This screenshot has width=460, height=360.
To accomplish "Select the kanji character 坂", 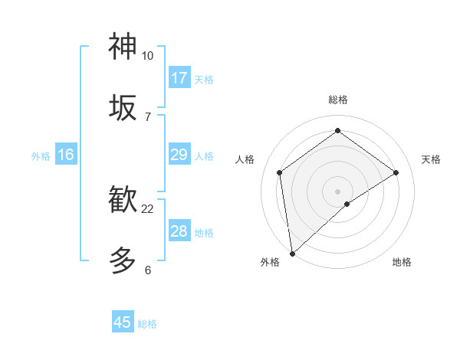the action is click(x=123, y=107).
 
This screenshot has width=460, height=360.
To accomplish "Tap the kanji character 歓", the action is click(x=123, y=199).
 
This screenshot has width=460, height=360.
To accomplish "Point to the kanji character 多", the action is click(x=123, y=260).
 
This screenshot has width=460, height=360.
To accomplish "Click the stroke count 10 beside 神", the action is click(x=147, y=56).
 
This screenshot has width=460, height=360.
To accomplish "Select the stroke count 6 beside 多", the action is click(x=147, y=270).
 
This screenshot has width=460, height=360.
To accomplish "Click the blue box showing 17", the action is click(x=179, y=78).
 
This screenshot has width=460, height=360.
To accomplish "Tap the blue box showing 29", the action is click(x=179, y=155).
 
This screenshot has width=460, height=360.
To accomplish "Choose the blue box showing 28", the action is click(x=179, y=231).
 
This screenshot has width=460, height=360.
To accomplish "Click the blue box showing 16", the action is click(x=66, y=155).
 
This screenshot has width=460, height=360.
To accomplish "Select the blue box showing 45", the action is click(x=123, y=322).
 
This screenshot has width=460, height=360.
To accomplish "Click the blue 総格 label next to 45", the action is click(x=147, y=324).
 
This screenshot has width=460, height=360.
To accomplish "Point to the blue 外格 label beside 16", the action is click(x=41, y=156).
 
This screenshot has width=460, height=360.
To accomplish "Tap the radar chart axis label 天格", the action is click(x=431, y=159).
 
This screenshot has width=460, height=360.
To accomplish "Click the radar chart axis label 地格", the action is click(x=402, y=262).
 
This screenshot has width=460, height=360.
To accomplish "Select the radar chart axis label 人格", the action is click(x=245, y=159).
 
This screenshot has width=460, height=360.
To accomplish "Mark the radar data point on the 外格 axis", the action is click(x=291, y=253).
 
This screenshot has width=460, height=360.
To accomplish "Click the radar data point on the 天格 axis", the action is click(x=396, y=172).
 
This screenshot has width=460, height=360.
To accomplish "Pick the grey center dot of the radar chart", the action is click(x=337, y=191).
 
